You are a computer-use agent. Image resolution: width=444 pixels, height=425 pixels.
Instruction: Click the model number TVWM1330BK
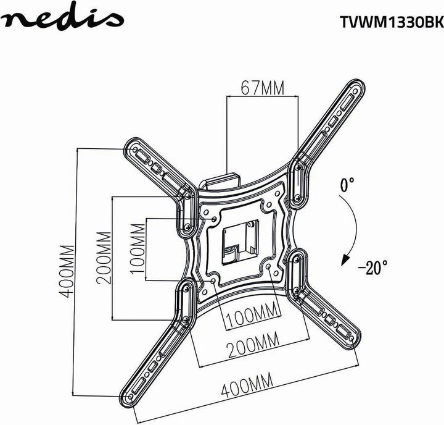391,22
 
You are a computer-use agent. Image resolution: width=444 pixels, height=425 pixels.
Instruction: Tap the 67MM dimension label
255,88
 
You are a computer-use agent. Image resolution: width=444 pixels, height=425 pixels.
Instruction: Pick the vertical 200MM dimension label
105,257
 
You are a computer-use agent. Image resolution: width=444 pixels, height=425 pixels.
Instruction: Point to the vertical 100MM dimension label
140,250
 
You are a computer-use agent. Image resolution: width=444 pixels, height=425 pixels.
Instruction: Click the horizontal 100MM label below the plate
254,319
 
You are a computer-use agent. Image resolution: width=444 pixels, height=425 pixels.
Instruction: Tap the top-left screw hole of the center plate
213,218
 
